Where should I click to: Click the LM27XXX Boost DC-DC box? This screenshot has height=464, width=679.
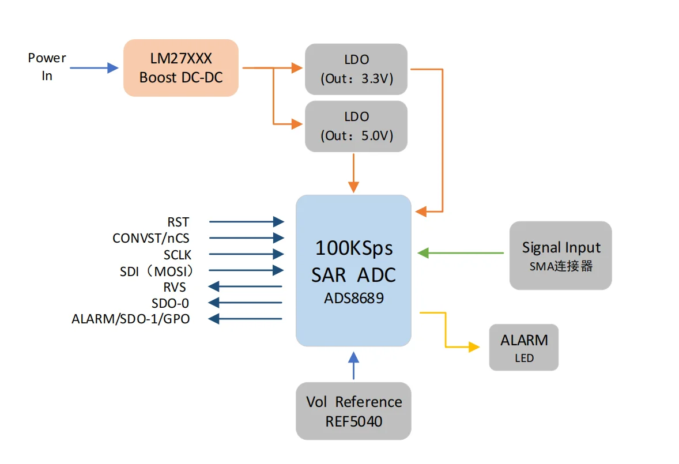[180, 67]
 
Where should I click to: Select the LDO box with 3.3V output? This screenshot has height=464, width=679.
[356, 69]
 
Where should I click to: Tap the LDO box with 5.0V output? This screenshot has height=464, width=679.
[356, 126]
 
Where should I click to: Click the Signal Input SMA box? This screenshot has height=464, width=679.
[560, 255]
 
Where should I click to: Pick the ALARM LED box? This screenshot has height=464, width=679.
[523, 347]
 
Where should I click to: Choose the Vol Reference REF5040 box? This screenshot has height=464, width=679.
[353, 411]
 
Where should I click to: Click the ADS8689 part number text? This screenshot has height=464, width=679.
[353, 299]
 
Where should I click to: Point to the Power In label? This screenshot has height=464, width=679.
[47, 66]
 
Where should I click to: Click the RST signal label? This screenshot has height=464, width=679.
[178, 222]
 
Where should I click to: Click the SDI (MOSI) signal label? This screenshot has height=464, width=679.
[156, 270]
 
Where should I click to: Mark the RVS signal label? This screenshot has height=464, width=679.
[175, 286]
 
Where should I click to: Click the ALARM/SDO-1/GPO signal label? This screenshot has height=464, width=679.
[131, 319]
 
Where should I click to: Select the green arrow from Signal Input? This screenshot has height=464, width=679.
[461, 252]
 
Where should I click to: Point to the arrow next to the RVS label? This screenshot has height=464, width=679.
[245, 286]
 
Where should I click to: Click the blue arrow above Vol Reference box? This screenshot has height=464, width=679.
[353, 365]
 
